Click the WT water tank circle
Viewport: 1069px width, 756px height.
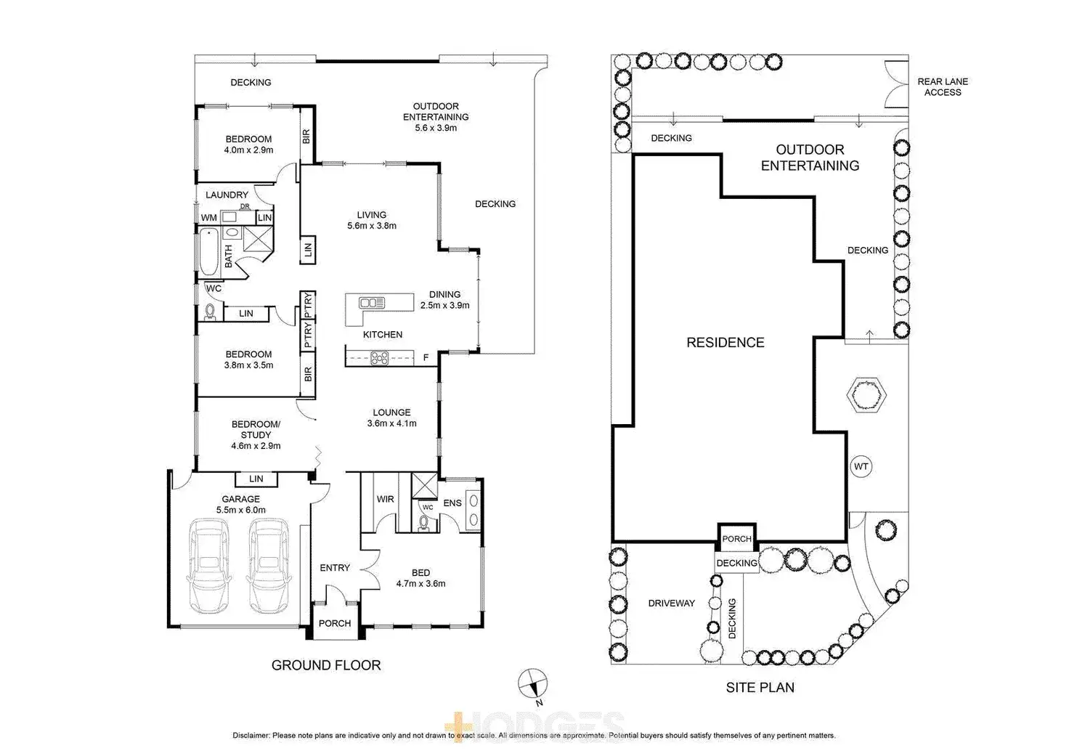pyautogui.click(x=861, y=466)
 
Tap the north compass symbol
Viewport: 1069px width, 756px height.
pyautogui.click(x=532, y=683)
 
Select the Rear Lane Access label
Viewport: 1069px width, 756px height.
pyautogui.click(x=942, y=87)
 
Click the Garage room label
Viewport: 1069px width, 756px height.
pyautogui.click(x=240, y=504)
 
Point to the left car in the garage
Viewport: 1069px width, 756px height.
pyautogui.click(x=208, y=564)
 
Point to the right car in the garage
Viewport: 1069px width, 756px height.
pyautogui.click(x=268, y=564)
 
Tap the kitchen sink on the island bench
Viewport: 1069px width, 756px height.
pyautogui.click(x=372, y=302)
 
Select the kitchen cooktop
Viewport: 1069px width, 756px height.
pyautogui.click(x=380, y=357)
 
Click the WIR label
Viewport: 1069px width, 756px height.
pyautogui.click(x=385, y=499)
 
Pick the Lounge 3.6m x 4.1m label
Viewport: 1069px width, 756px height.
pyautogui.click(x=391, y=418)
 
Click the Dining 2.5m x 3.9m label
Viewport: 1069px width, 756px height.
pyautogui.click(x=444, y=300)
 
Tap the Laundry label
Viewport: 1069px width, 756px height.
pyautogui.click(x=227, y=195)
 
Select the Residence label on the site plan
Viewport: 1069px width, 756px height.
pyautogui.click(x=725, y=343)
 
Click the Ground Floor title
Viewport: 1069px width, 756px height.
pyautogui.click(x=325, y=664)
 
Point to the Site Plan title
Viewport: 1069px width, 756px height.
pyautogui.click(x=760, y=687)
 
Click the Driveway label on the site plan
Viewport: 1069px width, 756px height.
pyautogui.click(x=671, y=603)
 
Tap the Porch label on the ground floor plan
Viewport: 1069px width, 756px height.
pyautogui.click(x=335, y=623)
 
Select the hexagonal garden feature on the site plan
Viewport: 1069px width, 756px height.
pyautogui.click(x=866, y=396)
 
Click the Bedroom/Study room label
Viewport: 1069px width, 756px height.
pyautogui.click(x=256, y=434)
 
